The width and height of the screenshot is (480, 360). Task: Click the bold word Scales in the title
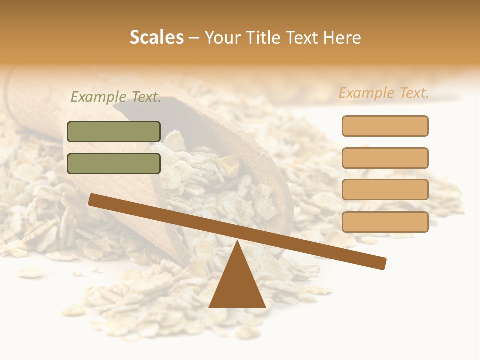(x=156, y=38)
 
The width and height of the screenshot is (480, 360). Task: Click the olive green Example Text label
(x=116, y=97)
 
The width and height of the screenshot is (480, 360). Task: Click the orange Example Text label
(x=384, y=93)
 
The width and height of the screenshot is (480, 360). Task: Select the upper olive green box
(x=114, y=131)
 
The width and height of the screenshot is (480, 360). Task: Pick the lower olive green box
(x=114, y=163)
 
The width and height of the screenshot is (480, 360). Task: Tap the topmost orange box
(x=385, y=126)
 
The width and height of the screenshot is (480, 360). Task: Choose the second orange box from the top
(x=385, y=158)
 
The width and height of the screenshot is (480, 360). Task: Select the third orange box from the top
(x=385, y=190)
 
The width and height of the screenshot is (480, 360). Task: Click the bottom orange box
(x=385, y=222)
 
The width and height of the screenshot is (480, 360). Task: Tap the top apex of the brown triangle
(x=237, y=242)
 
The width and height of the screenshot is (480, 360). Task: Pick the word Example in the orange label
(x=367, y=93)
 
